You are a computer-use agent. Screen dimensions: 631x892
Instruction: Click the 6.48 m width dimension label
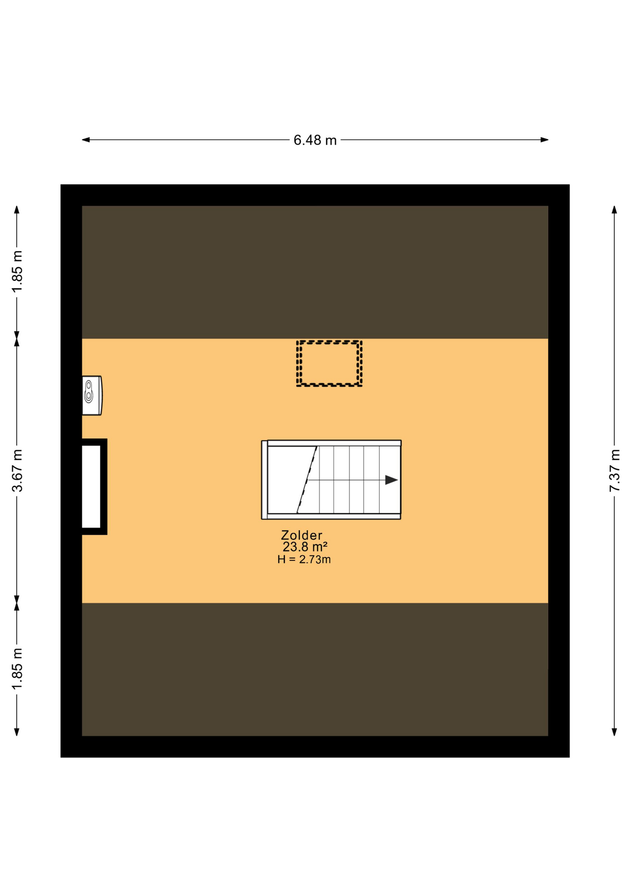click(x=315, y=140)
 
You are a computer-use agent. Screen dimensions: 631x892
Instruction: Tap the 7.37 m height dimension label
click(x=614, y=470)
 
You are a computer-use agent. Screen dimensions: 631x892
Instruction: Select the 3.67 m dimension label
click(x=17, y=470)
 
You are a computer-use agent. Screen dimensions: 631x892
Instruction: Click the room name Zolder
click(x=302, y=535)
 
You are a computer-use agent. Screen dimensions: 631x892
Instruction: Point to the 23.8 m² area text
click(x=305, y=547)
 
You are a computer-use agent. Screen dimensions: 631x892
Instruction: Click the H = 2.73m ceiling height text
click(x=304, y=559)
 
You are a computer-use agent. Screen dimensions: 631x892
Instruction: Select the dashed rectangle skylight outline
click(x=329, y=341)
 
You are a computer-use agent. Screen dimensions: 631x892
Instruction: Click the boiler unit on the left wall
click(x=92, y=395)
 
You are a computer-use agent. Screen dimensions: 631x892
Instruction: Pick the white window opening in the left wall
click(x=92, y=486)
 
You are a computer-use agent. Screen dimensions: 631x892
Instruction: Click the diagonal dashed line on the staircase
click(x=307, y=479)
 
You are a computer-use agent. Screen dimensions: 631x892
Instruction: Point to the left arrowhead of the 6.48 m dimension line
click(x=86, y=140)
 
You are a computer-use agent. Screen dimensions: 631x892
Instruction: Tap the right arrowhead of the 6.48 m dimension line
click(x=545, y=140)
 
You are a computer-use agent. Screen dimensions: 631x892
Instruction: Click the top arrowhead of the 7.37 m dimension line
click(x=614, y=210)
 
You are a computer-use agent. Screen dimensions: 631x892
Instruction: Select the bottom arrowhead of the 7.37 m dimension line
click(x=614, y=732)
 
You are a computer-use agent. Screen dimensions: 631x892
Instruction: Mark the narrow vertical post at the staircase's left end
click(x=264, y=480)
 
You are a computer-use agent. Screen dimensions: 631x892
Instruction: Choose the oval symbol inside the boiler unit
click(x=88, y=391)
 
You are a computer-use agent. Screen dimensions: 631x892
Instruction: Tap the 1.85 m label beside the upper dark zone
click(x=17, y=272)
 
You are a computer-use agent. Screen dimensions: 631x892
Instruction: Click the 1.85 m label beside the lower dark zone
click(x=17, y=669)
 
